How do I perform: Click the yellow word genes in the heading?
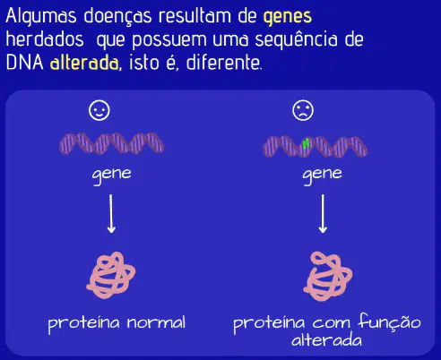pyautogui.click(x=288, y=17)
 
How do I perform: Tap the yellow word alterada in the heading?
pyautogui.click(x=84, y=63)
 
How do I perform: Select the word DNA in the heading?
pyautogui.click(x=25, y=63)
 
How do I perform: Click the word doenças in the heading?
pyautogui.click(x=117, y=17)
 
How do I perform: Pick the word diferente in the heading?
pyautogui.click(x=223, y=63)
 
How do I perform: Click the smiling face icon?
pyautogui.click(x=99, y=110)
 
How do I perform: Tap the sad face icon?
pyautogui.click(x=303, y=110)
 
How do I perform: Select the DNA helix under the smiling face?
pyautogui.click(x=111, y=143)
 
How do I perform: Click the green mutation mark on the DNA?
pyautogui.click(x=306, y=144)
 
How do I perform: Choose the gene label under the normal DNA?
pyautogui.click(x=112, y=176)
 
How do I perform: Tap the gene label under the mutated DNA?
pyautogui.click(x=323, y=176)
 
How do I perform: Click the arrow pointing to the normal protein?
pyautogui.click(x=111, y=213)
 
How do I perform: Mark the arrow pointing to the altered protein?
pyautogui.click(x=323, y=213)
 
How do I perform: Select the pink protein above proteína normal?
pyautogui.click(x=111, y=275)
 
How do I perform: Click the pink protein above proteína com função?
pyautogui.click(x=328, y=276)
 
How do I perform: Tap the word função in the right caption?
pyautogui.click(x=390, y=321)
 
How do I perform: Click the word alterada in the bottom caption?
pyautogui.click(x=326, y=340)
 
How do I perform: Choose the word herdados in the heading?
pyautogui.click(x=45, y=39)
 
